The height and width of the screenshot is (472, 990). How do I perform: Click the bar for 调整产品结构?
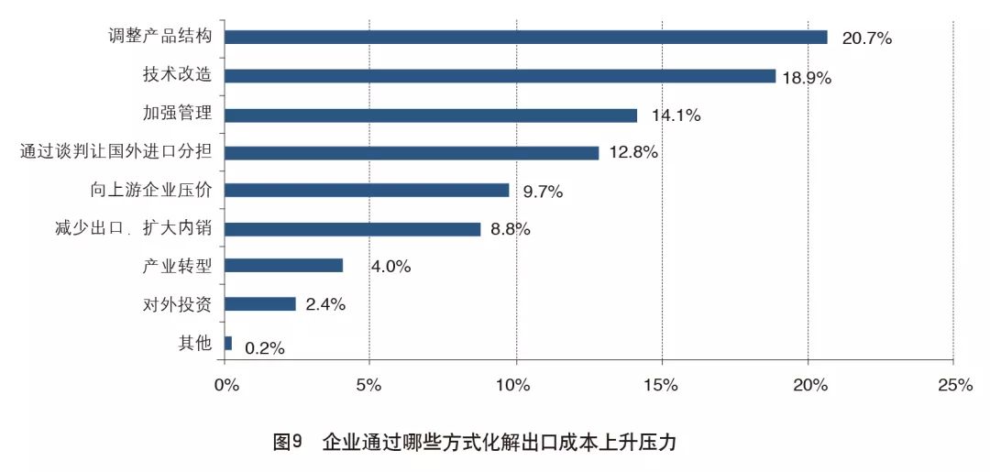pyautogui.click(x=525, y=38)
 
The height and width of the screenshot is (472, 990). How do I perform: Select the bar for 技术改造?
pyautogui.click(x=500, y=76)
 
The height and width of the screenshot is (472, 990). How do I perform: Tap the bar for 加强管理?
pyautogui.click(x=430, y=115)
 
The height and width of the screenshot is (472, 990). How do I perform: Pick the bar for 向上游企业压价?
pyautogui.click(x=367, y=191)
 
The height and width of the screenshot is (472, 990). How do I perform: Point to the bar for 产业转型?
pyautogui.click(x=283, y=266)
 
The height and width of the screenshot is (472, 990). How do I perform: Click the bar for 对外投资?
pyautogui.click(x=260, y=304)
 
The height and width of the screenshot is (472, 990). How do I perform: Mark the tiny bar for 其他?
pyautogui.click(x=228, y=343)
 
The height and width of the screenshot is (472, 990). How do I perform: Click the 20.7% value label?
pyautogui.click(x=867, y=38)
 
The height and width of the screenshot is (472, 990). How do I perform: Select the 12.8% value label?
pyautogui.click(x=633, y=153)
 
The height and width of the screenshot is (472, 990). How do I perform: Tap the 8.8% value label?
pyautogui.click(x=511, y=229)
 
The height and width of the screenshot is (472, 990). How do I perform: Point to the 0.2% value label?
pyautogui.click(x=265, y=348)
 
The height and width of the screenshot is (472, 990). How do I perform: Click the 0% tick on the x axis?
pyautogui.click(x=225, y=386)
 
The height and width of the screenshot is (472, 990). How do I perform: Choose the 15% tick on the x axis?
pyautogui.click(x=662, y=386)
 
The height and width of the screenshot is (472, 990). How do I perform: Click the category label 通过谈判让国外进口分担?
pyautogui.click(x=116, y=152)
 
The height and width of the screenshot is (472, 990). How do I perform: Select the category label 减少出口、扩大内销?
pyautogui.click(x=134, y=228)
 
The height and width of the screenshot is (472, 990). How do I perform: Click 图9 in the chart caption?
pyautogui.click(x=288, y=442)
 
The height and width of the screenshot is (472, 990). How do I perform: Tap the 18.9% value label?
pyautogui.click(x=807, y=78)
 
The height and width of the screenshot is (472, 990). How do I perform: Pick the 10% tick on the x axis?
pyautogui.click(x=515, y=386)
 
